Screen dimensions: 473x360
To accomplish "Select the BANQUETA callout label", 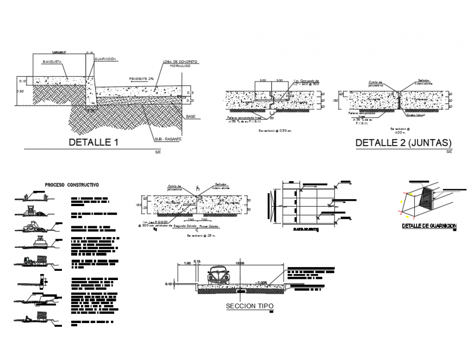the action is click(52, 62).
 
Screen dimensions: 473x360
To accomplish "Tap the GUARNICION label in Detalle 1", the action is click(105, 59).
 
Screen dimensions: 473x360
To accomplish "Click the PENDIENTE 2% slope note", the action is click(141, 78).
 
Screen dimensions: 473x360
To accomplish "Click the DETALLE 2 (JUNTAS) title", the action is click(403, 142).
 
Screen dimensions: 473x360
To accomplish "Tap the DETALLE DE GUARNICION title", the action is click(428, 226).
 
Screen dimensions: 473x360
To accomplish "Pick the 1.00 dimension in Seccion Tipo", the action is click(188, 263).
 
